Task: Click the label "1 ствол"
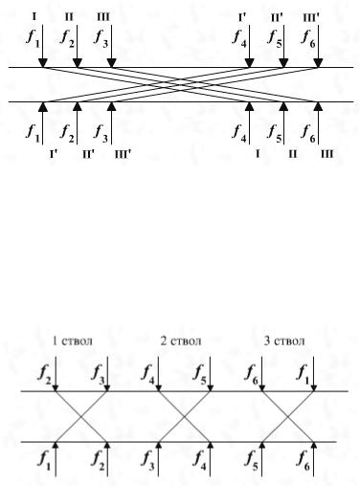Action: point(73,341)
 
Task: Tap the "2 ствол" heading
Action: point(181,341)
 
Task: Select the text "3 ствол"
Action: point(284,341)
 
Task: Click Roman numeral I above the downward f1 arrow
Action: point(34,16)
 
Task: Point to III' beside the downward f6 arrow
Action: point(311,17)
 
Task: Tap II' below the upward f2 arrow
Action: point(88,155)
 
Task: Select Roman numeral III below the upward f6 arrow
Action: point(326,154)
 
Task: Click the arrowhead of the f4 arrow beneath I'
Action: point(249,63)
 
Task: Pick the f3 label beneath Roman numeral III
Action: point(101,38)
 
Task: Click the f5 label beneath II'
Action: point(275,38)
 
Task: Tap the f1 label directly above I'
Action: point(34,133)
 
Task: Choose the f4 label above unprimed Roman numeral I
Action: point(239,133)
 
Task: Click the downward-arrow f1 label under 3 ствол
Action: point(304,374)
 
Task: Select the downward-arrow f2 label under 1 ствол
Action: point(45,374)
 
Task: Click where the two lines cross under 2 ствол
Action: point(185,416)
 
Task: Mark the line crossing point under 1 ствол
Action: point(81,416)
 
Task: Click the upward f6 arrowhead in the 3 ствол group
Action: point(314,445)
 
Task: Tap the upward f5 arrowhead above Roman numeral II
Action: point(283,106)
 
